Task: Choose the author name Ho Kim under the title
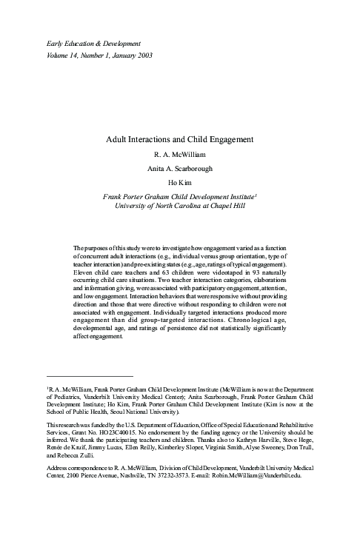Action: [x=180, y=183]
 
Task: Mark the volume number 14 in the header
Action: [x=67, y=56]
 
